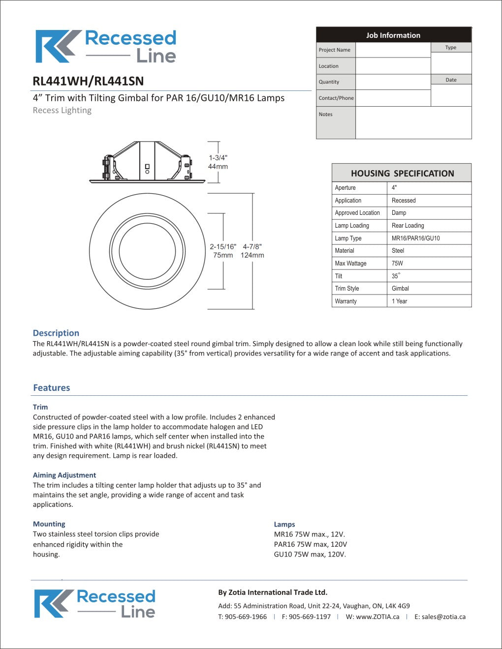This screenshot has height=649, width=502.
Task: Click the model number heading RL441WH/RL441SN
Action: pyautogui.click(x=88, y=81)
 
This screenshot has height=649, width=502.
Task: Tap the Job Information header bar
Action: pyautogui.click(x=393, y=35)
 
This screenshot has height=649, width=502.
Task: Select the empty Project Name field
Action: pyautogui.click(x=393, y=50)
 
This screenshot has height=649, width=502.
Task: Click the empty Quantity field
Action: pyautogui.click(x=393, y=82)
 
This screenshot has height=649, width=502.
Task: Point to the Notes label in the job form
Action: pyautogui.click(x=326, y=114)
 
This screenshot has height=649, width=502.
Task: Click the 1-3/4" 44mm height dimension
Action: pyautogui.click(x=218, y=162)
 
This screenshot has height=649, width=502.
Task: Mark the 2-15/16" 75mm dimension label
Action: pyautogui.click(x=223, y=251)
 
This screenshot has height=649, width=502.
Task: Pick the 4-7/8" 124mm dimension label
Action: pyautogui.click(x=252, y=251)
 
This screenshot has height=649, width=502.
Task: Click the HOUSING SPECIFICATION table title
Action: pyautogui.click(x=402, y=174)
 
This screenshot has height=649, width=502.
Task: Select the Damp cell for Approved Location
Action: pyautogui.click(x=399, y=213)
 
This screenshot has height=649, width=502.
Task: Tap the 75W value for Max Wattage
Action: pyautogui.click(x=398, y=264)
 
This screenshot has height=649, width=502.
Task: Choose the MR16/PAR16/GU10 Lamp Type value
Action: pyautogui.click(x=416, y=238)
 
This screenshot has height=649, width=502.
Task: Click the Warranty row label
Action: pyautogui.click(x=346, y=301)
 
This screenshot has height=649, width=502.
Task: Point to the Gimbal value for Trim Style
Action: pyautogui.click(x=401, y=289)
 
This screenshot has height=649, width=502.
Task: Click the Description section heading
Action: pyautogui.click(x=56, y=333)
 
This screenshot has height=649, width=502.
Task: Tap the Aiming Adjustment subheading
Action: pyautogui.click(x=64, y=475)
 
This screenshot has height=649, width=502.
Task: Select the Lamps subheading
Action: pyautogui.click(x=284, y=524)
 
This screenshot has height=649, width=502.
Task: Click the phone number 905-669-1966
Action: pyautogui.click(x=246, y=617)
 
